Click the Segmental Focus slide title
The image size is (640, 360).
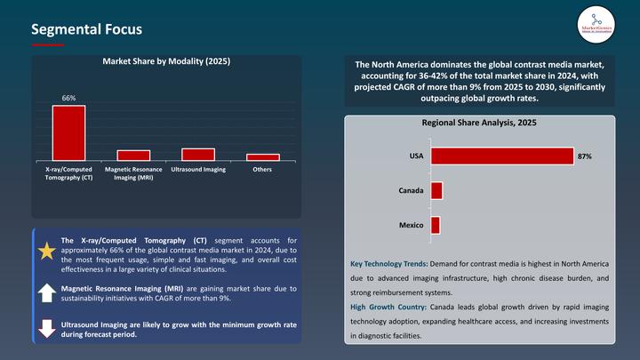tap(85, 29)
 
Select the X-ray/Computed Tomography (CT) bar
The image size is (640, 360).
tap(68, 132)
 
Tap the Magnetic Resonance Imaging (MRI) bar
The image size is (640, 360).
tap(133, 155)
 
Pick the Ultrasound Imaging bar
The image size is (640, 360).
tap(198, 154)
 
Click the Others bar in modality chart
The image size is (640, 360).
tap(263, 156)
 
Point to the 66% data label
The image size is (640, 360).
tap(68, 97)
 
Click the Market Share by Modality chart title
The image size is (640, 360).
tap(166, 61)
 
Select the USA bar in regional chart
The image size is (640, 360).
tap(501, 156)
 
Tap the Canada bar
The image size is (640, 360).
tap(436, 190)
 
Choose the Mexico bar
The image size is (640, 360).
tap(436, 225)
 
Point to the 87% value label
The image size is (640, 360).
tap(584, 156)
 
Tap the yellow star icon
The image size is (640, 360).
tap(47, 252)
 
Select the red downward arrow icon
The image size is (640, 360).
tap(47, 329)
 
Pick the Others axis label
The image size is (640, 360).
tap(263, 169)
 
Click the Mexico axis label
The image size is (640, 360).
tap(410, 225)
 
